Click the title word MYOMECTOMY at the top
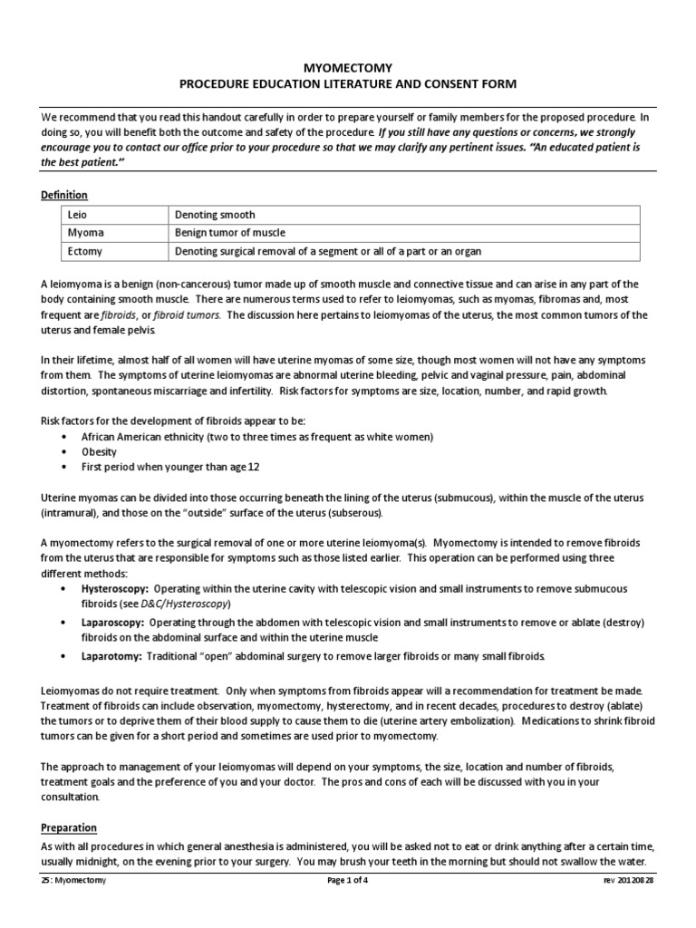pyautogui.click(x=348, y=68)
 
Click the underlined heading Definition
pyautogui.click(x=64, y=195)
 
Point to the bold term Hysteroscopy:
pyautogui.click(x=116, y=588)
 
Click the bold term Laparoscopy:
pyautogui.click(x=113, y=623)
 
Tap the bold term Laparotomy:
pyautogui.click(x=111, y=656)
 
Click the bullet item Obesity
pyautogui.click(x=100, y=451)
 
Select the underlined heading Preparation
pyautogui.click(x=69, y=828)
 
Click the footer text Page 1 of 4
pyautogui.click(x=348, y=880)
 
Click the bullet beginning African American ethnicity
pyautogui.click(x=257, y=437)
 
